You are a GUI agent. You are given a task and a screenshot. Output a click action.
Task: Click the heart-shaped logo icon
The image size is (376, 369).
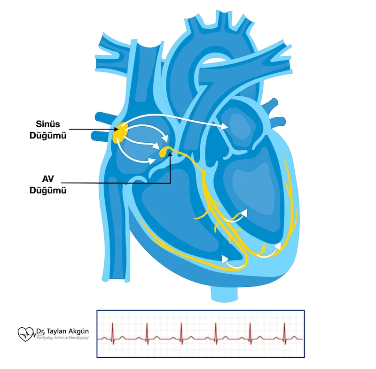26,334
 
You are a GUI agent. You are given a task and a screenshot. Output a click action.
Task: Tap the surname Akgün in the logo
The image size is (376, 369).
76,331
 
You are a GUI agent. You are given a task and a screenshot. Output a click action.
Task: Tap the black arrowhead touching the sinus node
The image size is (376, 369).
115,130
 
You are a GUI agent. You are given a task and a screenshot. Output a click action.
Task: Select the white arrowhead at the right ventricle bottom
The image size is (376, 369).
225,258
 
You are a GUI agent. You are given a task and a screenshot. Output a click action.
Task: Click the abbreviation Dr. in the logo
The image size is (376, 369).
40,331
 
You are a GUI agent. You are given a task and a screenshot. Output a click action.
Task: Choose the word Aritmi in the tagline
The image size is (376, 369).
60,338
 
